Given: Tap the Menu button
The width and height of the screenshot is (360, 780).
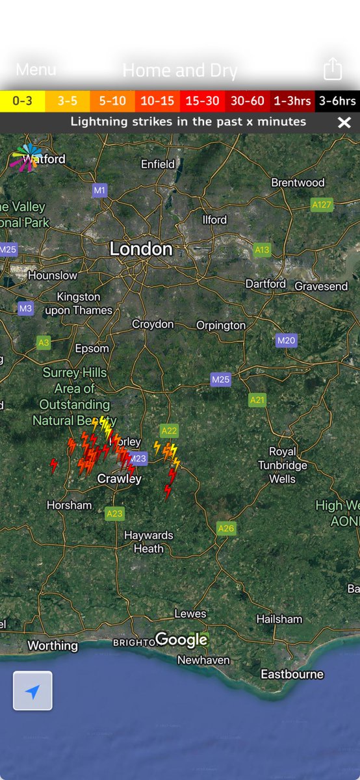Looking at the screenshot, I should tap(36, 70).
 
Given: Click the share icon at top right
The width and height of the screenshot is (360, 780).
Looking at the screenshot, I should tap(332, 69).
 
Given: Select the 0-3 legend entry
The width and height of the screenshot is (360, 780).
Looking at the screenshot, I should tap(23, 101).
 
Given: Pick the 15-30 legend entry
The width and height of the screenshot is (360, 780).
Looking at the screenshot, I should tap(202, 101).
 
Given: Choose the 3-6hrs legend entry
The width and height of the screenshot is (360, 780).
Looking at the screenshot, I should tap(337, 101).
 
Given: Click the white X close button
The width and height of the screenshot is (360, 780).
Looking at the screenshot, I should tap(344, 122).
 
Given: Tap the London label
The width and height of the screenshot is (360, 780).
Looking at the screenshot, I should tap(141, 248).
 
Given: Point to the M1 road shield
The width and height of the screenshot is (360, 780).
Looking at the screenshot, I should tap(99, 190).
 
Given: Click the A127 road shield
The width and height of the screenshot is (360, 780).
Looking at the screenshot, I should tap(322, 204).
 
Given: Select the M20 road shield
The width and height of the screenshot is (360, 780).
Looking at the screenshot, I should tap(287, 340).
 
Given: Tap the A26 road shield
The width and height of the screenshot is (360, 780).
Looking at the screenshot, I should tap(226, 528).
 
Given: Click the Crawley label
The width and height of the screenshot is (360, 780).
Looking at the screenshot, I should tap(119, 478).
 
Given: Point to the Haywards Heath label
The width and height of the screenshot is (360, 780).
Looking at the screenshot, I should tap(149, 541).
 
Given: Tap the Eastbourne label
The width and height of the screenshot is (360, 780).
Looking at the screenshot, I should tap(292, 674).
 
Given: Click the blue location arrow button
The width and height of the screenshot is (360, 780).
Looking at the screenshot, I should tap(32, 691).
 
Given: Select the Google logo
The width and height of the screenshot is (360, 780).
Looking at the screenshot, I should tap(182, 640).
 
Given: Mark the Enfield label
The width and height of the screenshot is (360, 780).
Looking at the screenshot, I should tap(158, 164).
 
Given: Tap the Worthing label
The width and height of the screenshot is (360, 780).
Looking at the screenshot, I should tap(53, 645).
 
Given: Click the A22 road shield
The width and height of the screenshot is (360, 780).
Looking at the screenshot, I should tap(169, 430).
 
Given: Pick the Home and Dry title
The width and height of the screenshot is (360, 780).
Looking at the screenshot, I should tap(180, 70).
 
